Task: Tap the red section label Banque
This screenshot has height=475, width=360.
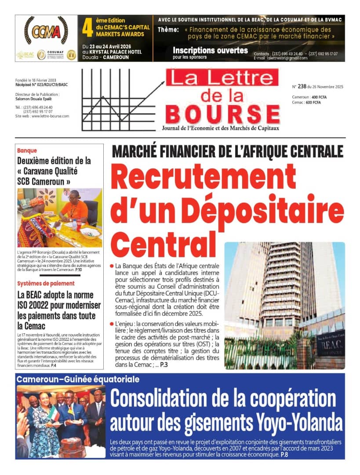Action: [x=27, y=150]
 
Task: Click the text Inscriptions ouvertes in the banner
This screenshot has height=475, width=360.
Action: [x=210, y=50]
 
